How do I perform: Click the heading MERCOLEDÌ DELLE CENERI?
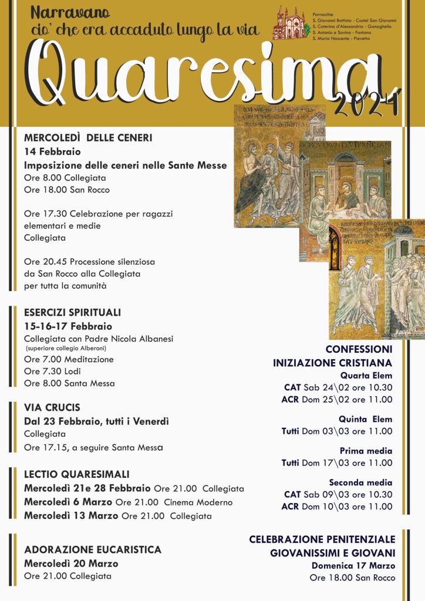[88, 138]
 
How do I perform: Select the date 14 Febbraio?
[52, 151]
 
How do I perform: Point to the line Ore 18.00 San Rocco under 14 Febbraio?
[67, 190]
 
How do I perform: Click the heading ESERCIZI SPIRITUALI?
[72, 313]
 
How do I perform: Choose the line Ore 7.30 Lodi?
[52, 371]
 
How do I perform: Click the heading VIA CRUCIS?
[52, 407]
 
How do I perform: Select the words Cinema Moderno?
[198, 502]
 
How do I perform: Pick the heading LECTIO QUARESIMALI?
[77, 474]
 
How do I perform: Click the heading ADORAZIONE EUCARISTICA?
[93, 550]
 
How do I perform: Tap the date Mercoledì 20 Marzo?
[71, 563]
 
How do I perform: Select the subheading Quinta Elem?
[365, 419]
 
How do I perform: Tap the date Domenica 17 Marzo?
[353, 566]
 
